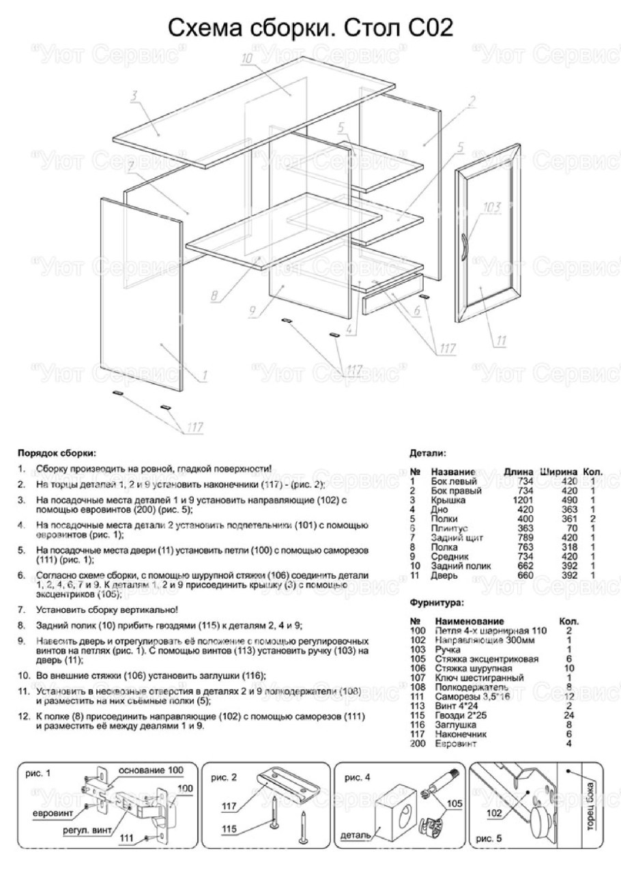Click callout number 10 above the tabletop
(x=247, y=60)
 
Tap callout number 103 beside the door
(x=491, y=207)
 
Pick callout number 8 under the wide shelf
(x=214, y=296)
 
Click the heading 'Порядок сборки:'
(x=57, y=452)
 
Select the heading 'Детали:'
(x=428, y=452)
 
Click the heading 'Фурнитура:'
(x=436, y=603)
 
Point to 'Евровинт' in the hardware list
(x=454, y=743)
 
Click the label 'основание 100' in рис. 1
(x=151, y=770)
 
